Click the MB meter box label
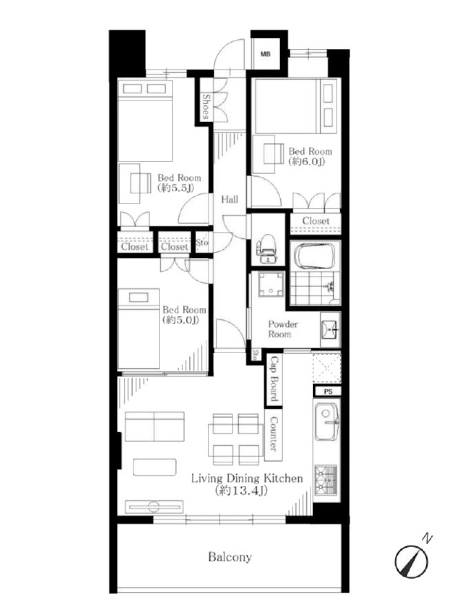[x=265, y=54]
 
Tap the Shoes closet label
[x=206, y=107]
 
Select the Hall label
[x=230, y=200]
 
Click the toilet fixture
[x=266, y=249]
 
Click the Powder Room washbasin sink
[x=330, y=330]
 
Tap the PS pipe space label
[x=328, y=392]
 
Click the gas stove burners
[x=326, y=480]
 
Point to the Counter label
[x=273, y=434]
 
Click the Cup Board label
[x=274, y=379]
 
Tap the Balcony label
[x=230, y=557]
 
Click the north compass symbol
[x=412, y=560]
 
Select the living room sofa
[x=155, y=427]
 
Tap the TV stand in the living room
[x=154, y=507]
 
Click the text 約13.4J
[x=241, y=491]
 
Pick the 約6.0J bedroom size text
[x=306, y=162]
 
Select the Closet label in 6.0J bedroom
[x=315, y=221]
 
